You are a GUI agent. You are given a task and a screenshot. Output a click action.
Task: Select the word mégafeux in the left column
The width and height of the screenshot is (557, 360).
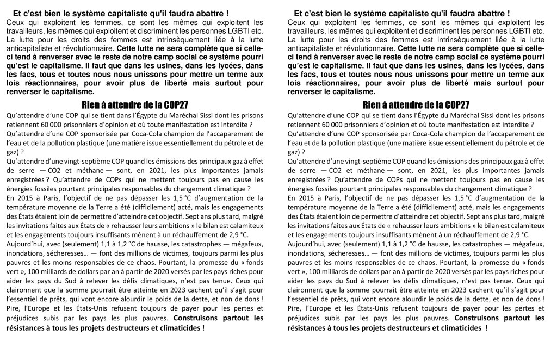coord(243,244)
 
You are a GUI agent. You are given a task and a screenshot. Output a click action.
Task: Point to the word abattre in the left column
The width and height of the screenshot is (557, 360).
coord(203,13)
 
